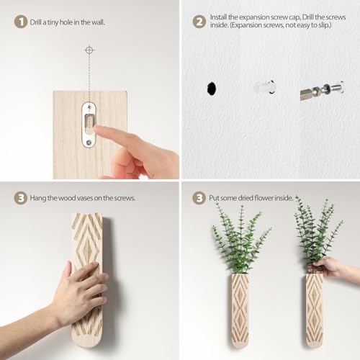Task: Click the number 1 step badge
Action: tap(21, 22)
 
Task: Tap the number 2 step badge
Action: tap(199, 22)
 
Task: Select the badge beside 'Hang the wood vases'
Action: tap(21, 197)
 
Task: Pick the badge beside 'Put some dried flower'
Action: tap(199, 197)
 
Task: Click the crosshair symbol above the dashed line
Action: tap(89, 50)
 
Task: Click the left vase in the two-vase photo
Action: tap(239, 308)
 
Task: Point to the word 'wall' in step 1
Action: tap(97, 22)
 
